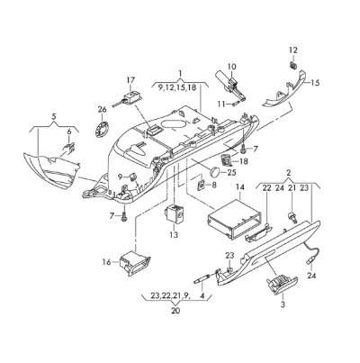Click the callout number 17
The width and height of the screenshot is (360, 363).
pyautogui.click(x=130, y=80)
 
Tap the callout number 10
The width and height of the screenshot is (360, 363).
pyautogui.click(x=231, y=67)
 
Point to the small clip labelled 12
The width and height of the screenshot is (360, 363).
pyautogui.click(x=293, y=65)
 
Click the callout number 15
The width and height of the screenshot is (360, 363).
pyautogui.click(x=315, y=83)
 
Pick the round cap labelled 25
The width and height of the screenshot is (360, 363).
pyautogui.click(x=214, y=172)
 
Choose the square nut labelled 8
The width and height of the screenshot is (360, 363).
pyautogui.click(x=201, y=186)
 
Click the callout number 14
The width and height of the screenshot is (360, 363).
pyautogui.click(x=240, y=186)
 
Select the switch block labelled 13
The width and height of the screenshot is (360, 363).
pyautogui.click(x=175, y=213)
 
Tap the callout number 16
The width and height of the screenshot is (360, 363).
pyautogui.click(x=106, y=262)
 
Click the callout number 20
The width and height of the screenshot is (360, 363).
pyautogui.click(x=175, y=311)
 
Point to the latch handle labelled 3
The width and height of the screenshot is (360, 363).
pyautogui.click(x=282, y=285)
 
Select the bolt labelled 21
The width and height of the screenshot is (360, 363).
pyautogui.click(x=292, y=217)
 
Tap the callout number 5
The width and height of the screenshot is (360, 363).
pyautogui.click(x=54, y=116)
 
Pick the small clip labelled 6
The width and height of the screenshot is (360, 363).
pyautogui.click(x=69, y=147)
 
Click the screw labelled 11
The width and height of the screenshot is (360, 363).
pyautogui.click(x=234, y=104)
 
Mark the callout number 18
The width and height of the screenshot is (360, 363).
pyautogui.click(x=244, y=161)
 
